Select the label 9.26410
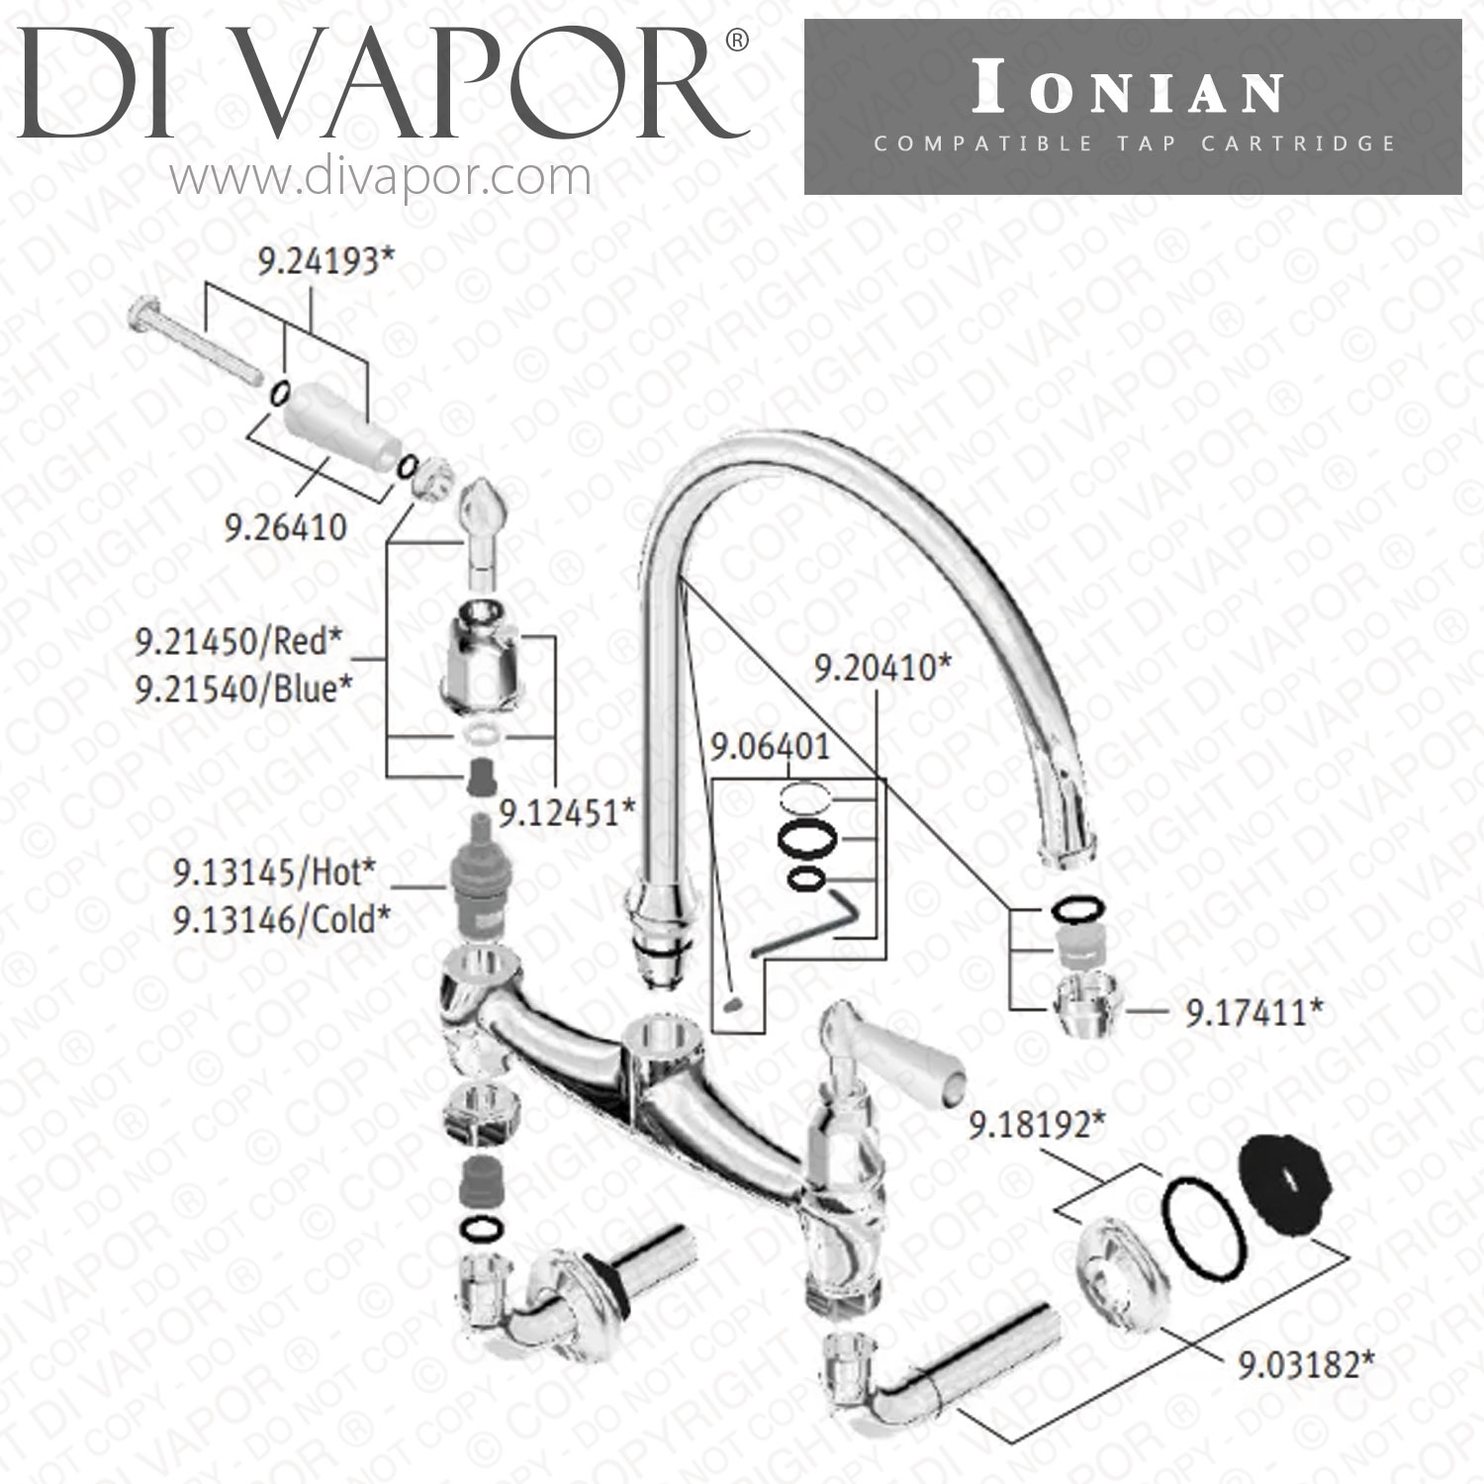coord(286,527)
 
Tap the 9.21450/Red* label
coord(237,642)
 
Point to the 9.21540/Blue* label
coord(243,689)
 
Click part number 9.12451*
coord(566,813)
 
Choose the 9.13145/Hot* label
coord(274,873)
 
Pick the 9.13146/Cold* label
coord(281,920)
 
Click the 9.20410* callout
coord(881,668)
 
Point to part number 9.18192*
coord(1037,1125)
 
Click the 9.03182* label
coord(1305,1366)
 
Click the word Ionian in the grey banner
coord(1129,93)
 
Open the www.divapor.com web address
coord(381,178)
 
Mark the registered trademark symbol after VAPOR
coord(738,42)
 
